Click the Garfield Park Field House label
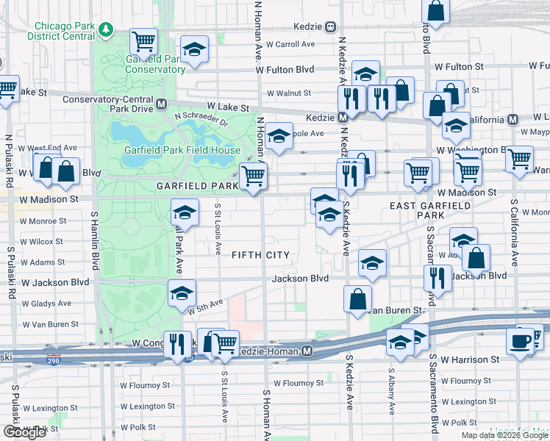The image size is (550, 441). pos(182,150)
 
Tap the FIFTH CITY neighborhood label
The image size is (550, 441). pos(260,255)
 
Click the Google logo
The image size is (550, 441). pos(25,432)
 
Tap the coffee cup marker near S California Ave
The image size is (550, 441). pos(521,342)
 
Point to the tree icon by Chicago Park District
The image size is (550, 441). pos(107,29)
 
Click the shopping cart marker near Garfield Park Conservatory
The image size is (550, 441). pos(144,41)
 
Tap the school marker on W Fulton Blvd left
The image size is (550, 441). pos(194,51)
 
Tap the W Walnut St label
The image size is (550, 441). pos(289,93)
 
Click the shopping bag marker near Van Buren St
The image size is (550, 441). pos(357,299)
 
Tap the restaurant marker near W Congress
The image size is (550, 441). pos(177,343)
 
